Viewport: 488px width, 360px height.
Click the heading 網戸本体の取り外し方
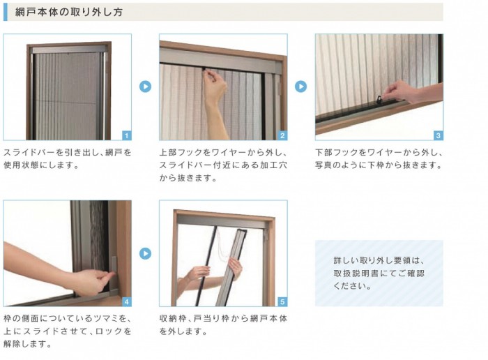coord(69,12)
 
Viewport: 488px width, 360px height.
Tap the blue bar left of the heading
coord(5,12)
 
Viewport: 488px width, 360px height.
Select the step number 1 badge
coord(126,135)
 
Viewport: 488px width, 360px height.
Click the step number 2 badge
coord(282,135)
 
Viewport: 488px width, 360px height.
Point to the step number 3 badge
coord(439,135)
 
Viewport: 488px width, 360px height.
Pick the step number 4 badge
coord(126,302)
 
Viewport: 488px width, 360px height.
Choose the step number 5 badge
coord(282,302)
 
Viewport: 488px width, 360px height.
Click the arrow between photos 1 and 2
coord(145,87)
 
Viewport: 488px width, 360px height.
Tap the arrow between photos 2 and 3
coord(300,87)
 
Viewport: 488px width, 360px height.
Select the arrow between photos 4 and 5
coord(145,253)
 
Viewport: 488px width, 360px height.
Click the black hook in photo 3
coord(379,100)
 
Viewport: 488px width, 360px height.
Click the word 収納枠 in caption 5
coord(172,319)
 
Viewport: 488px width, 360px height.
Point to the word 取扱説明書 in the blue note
coord(356,273)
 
